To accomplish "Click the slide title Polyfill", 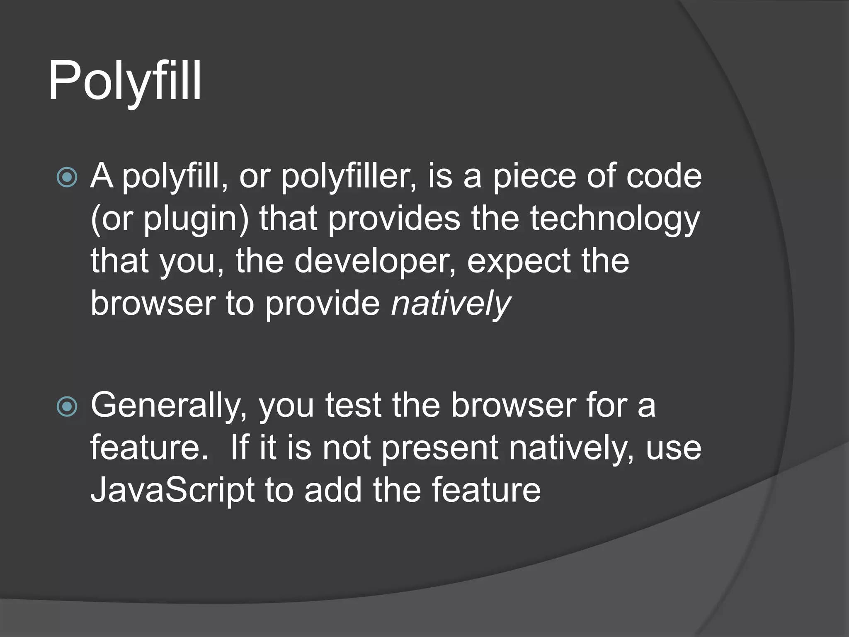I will (125, 81).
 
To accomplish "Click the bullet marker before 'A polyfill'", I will (67, 177).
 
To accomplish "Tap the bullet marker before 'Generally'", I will (67, 407).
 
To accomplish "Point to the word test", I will (353, 405).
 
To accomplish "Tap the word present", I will (439, 449).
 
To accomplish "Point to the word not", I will (346, 448).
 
